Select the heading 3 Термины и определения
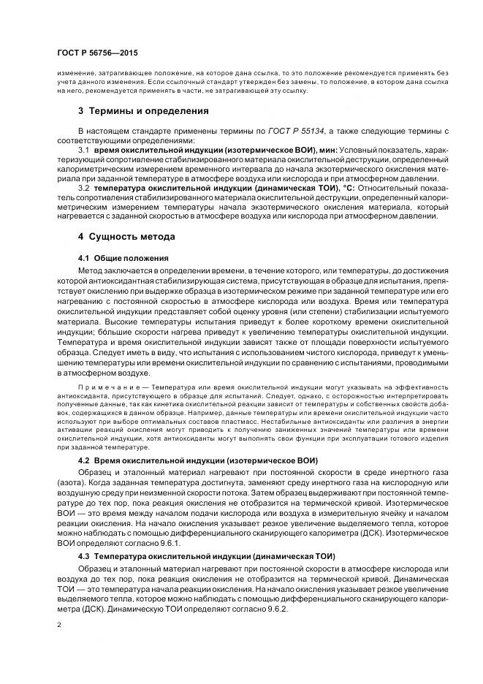(x=143, y=111)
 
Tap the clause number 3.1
(x=83, y=150)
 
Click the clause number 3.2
(x=83, y=188)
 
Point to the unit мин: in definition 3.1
(x=326, y=150)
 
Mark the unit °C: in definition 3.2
(x=344, y=188)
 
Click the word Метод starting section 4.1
(x=91, y=270)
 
